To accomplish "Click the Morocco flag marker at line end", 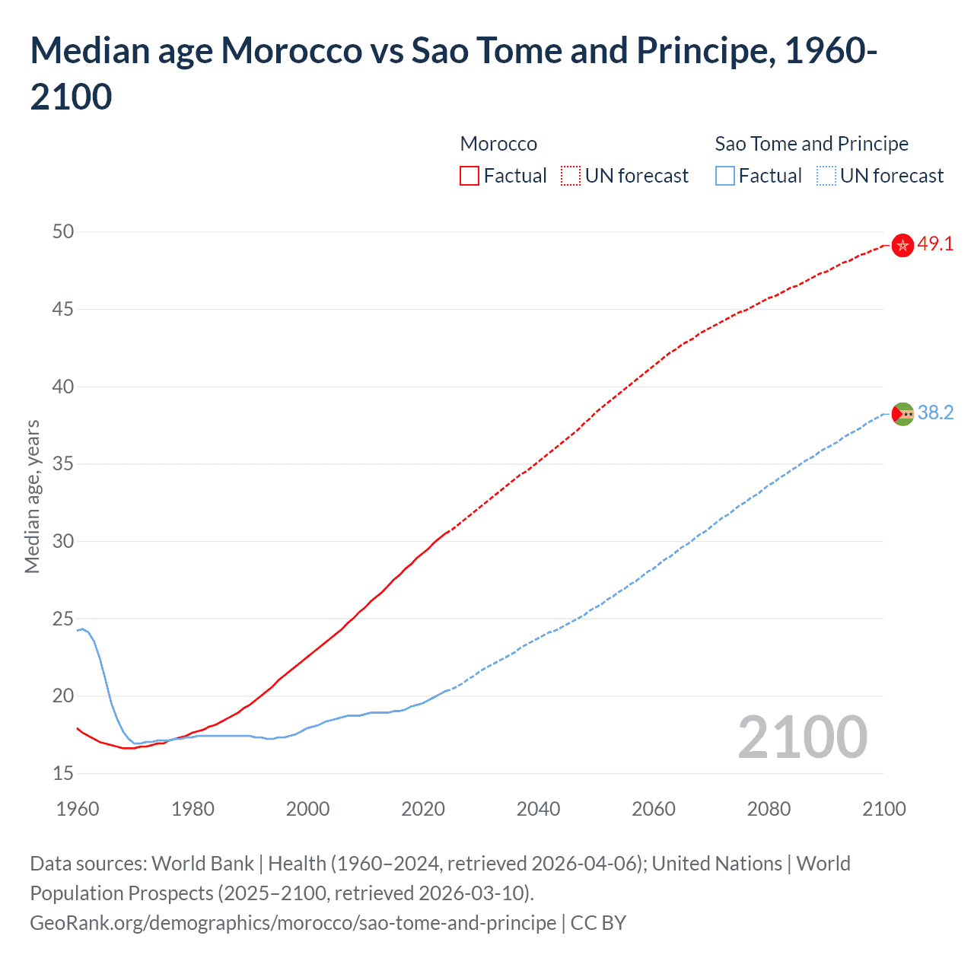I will [902, 245].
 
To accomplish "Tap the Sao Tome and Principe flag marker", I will [902, 414].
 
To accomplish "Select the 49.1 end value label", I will [935, 244].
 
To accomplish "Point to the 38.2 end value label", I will [935, 412].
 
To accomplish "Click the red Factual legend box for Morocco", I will [469, 177].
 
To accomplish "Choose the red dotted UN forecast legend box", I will [571, 177].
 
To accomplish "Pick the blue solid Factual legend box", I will [725, 177].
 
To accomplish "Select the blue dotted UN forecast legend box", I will [826, 177].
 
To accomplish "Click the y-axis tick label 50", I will [63, 231].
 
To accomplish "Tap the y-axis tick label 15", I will [63, 773].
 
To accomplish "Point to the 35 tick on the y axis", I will [63, 463].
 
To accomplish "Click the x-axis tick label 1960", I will [78, 809].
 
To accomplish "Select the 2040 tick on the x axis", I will [539, 809].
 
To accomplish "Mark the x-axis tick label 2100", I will [884, 809].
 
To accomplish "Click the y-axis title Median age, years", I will [32, 496].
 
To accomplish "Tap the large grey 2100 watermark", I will [803, 737].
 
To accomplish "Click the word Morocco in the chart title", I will [291, 51].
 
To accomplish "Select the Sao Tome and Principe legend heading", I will [811, 144].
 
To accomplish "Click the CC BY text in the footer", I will [598, 923].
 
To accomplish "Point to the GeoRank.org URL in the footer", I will [293, 923].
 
